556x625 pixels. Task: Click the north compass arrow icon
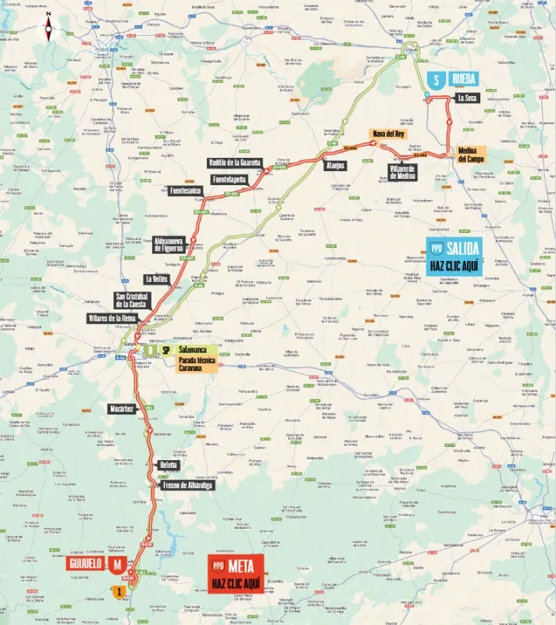(48, 29)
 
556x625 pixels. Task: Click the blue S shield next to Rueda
(437, 80)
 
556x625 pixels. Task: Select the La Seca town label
(466, 98)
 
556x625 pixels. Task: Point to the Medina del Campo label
(472, 155)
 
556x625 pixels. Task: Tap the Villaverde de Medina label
(403, 172)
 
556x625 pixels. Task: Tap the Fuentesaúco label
(185, 191)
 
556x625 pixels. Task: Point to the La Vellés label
(156, 279)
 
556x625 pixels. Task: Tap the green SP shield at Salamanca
(166, 351)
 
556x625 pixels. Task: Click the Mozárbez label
(123, 409)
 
